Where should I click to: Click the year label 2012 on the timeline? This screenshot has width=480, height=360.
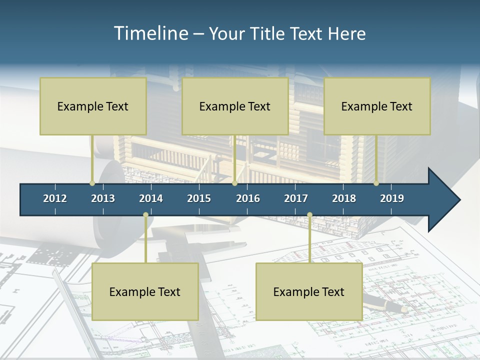55,198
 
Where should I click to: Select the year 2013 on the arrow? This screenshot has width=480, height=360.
103,198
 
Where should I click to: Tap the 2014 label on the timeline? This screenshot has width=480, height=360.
151,198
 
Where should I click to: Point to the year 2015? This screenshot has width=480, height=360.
199,198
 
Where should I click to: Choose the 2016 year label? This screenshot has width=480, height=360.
248,198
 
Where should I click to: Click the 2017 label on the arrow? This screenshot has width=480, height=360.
296,198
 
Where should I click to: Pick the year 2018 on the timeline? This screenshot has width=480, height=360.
344,198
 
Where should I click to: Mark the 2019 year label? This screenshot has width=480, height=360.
392,198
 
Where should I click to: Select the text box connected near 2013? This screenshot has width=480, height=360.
93,106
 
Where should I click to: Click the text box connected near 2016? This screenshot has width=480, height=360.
235,106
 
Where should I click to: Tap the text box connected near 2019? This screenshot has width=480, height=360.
377,106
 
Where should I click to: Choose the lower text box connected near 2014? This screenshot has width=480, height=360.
145,291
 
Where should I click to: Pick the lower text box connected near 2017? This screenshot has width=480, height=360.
309,291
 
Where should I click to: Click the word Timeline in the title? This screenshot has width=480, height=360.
150,33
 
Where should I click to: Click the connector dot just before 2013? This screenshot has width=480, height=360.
92,183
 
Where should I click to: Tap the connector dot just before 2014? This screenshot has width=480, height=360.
145,214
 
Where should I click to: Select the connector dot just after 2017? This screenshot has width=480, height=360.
309,214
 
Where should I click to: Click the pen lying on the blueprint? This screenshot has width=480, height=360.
385,303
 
